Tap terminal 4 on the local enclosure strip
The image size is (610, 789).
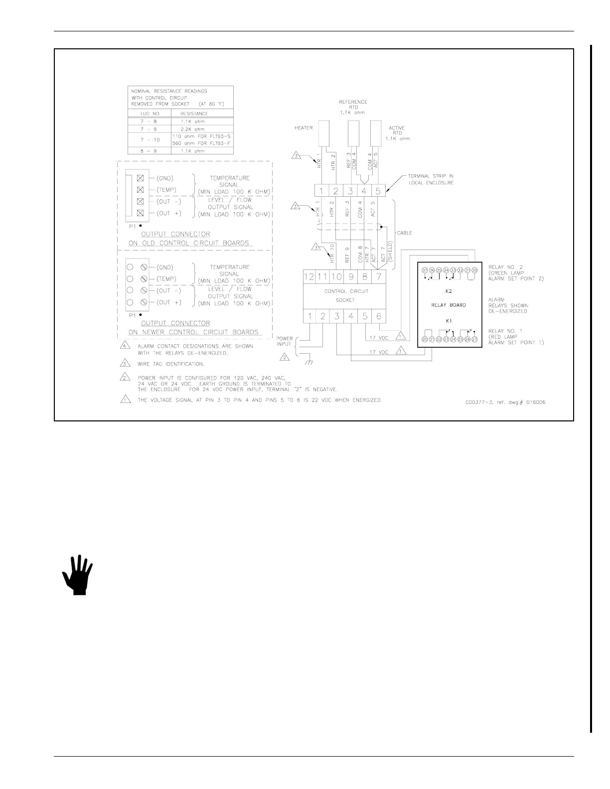click(364, 191)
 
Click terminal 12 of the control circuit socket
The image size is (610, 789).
click(309, 277)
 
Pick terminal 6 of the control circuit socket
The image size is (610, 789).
click(379, 316)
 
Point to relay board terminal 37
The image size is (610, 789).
click(425, 270)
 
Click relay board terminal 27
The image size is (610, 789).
click(475, 339)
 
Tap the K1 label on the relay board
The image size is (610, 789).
click(449, 321)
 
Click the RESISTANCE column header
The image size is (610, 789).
click(194, 114)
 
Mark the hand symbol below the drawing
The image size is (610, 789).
click(78, 575)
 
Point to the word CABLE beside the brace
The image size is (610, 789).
click(405, 233)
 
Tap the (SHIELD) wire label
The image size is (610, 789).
click(391, 252)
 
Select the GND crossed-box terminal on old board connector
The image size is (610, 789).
click(140, 178)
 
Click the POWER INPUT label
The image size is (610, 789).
click(285, 341)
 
